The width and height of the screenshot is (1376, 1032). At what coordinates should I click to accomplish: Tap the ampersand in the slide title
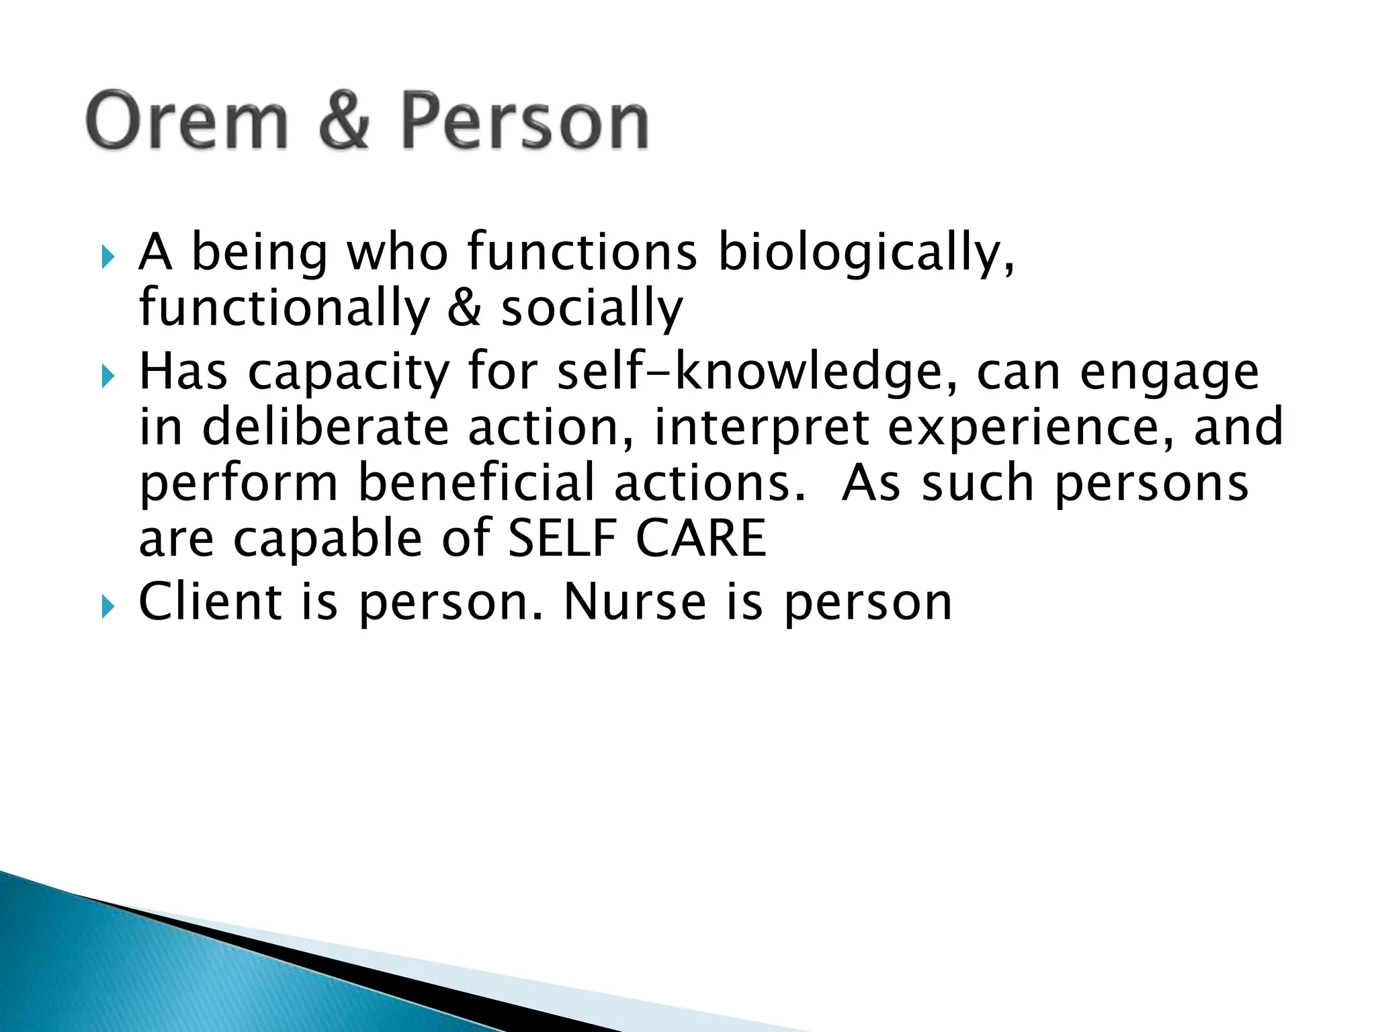coord(344,121)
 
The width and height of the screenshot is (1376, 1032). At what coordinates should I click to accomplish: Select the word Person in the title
coord(525,121)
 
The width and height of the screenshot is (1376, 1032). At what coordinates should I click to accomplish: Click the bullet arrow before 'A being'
coord(107,257)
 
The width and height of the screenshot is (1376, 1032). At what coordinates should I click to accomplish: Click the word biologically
coord(865,254)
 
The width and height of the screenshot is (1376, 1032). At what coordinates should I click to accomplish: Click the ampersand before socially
coord(464,308)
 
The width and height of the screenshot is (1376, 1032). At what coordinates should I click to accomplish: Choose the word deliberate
coord(325,427)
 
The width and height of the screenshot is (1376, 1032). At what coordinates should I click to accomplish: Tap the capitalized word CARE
coord(700,539)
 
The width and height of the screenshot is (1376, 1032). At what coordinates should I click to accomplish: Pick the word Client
coord(210,601)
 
